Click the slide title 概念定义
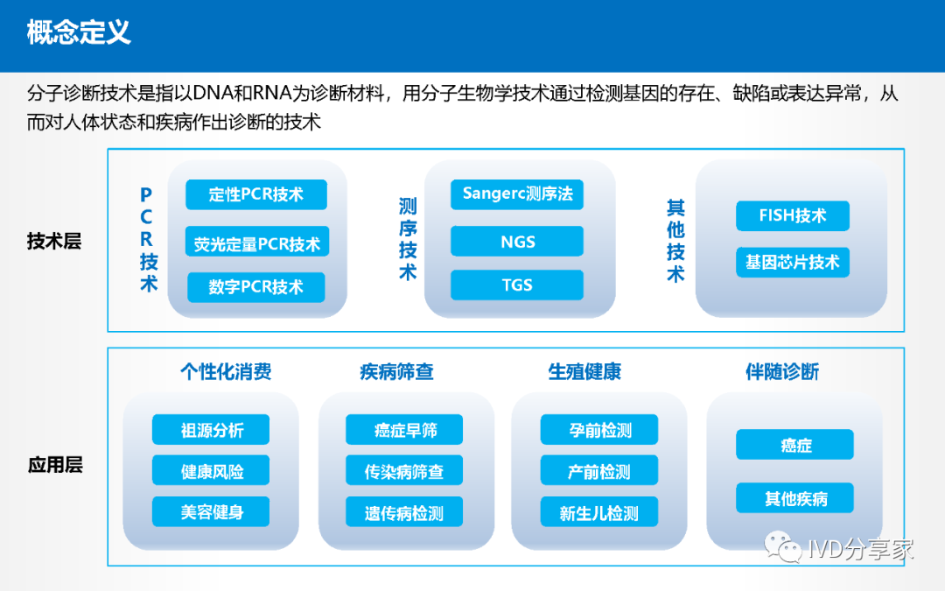click(79, 32)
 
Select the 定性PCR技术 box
click(256, 194)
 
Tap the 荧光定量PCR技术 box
click(256, 242)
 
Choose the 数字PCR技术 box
click(256, 287)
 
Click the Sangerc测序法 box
click(517, 194)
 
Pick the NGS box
click(517, 242)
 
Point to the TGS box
click(517, 285)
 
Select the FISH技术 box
click(793, 216)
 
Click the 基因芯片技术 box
click(793, 263)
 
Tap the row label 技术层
click(54, 242)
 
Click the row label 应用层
click(55, 465)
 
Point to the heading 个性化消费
click(226, 371)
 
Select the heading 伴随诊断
click(782, 371)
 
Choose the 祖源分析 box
click(211, 429)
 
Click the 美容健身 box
click(211, 511)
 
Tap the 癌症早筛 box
click(404, 429)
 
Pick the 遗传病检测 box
click(404, 511)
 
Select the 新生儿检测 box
click(599, 511)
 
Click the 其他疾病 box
click(794, 498)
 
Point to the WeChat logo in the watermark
click(782, 546)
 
